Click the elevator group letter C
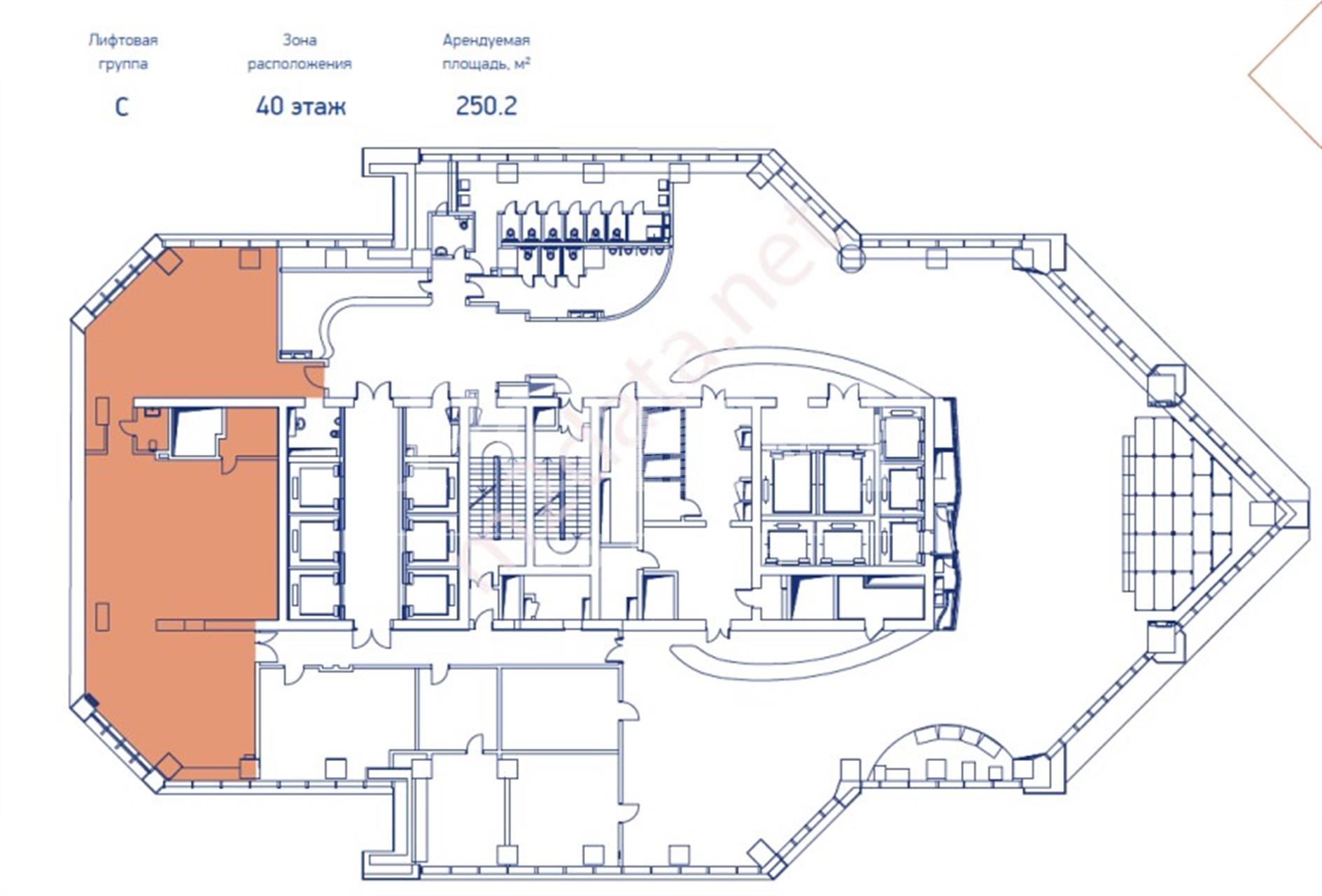[122, 107]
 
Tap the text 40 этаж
[301, 106]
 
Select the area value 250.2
[486, 106]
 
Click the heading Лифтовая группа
[123, 52]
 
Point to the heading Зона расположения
[300, 52]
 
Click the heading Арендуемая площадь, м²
[486, 52]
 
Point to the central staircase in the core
[532, 497]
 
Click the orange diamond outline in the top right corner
[1288, 77]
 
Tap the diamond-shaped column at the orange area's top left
[168, 261]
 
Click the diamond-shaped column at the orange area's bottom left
[168, 765]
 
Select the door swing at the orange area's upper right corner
[314, 378]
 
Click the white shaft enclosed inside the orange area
[196, 433]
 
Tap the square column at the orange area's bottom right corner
[248, 768]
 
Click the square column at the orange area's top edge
[250, 258]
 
